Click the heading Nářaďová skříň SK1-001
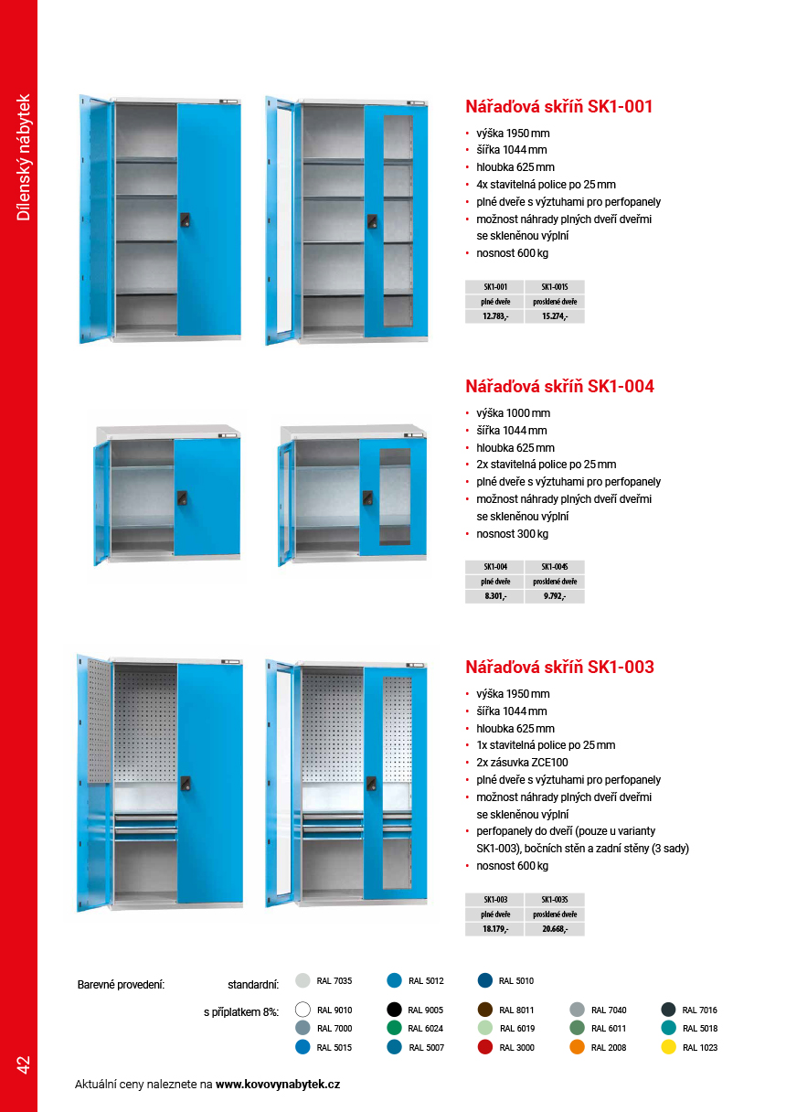click(x=559, y=106)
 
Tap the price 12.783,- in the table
click(x=495, y=316)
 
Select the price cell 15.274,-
click(x=554, y=316)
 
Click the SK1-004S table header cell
click(x=554, y=567)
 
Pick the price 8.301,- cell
click(x=495, y=596)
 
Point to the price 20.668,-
click(x=554, y=929)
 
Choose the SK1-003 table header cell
click(x=495, y=900)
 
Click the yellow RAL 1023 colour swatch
click(x=669, y=1047)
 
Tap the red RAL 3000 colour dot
click(x=486, y=1047)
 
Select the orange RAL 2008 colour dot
click(x=578, y=1047)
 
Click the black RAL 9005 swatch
click(x=395, y=1010)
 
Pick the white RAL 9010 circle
click(x=303, y=1010)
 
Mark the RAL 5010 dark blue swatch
click(x=486, y=980)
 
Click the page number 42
click(x=23, y=1064)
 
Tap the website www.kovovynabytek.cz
click(x=278, y=1084)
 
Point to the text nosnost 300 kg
click(x=512, y=534)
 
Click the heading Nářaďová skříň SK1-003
click(x=559, y=667)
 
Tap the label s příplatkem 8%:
click(x=241, y=1011)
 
